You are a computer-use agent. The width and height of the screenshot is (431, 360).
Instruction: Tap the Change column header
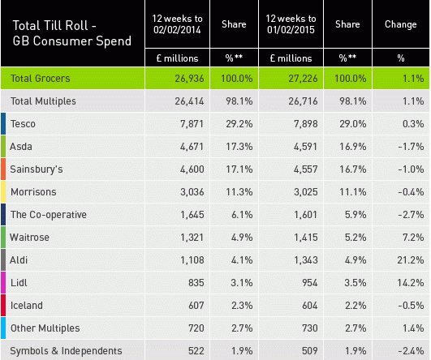pos(400,25)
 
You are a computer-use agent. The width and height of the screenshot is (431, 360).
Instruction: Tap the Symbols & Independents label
pos(66,350)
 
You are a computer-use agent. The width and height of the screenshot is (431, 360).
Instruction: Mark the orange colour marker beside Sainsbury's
pos(3,169)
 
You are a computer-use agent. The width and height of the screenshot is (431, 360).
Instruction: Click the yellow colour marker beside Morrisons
pos(3,191)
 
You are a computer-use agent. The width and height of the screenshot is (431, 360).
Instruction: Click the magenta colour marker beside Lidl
pos(3,282)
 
